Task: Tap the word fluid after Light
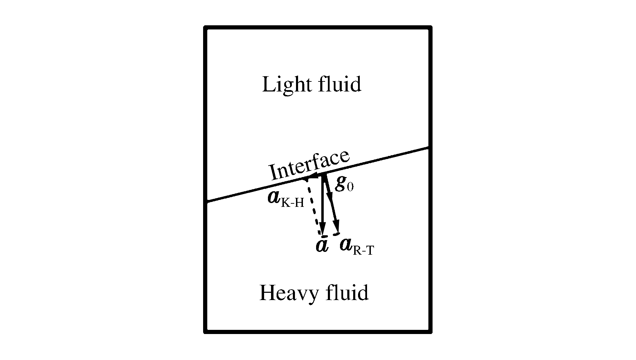(x=340, y=84)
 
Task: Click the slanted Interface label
(x=309, y=166)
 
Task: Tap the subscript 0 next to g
(x=350, y=187)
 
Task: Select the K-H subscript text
(x=292, y=203)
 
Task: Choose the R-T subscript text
(x=363, y=250)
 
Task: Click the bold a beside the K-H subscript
(x=274, y=197)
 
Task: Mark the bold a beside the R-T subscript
(x=346, y=245)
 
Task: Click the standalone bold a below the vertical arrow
(x=322, y=245)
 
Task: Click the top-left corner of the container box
(x=205, y=27)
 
